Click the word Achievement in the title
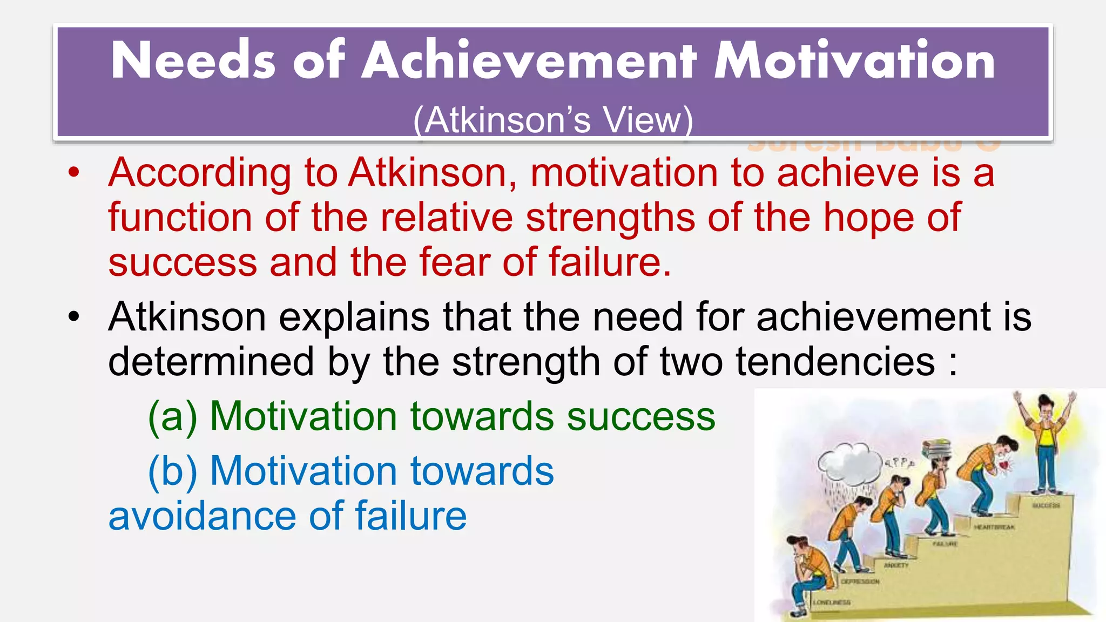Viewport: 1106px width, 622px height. click(529, 60)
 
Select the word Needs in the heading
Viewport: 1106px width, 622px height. click(193, 60)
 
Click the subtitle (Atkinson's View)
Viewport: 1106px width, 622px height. click(553, 119)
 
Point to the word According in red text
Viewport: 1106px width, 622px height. click(199, 174)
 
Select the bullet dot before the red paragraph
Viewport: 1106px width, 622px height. click(74, 173)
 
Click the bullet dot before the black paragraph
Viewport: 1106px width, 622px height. click(74, 316)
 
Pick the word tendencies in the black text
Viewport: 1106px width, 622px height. click(835, 362)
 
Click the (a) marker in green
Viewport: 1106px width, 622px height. click(172, 416)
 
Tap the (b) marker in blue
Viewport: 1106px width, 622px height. click(172, 471)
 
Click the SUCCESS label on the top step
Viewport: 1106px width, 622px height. click(1046, 506)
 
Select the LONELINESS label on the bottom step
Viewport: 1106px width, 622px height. click(832, 602)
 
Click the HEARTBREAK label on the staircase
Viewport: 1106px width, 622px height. click(994, 527)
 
